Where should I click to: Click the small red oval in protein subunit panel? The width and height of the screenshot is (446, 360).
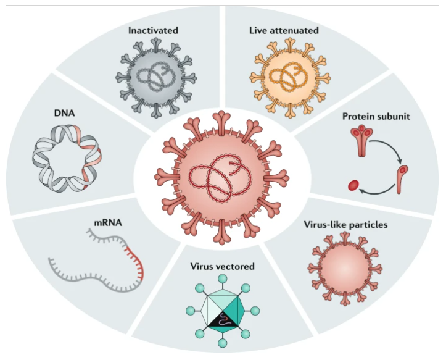tap(353, 185)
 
